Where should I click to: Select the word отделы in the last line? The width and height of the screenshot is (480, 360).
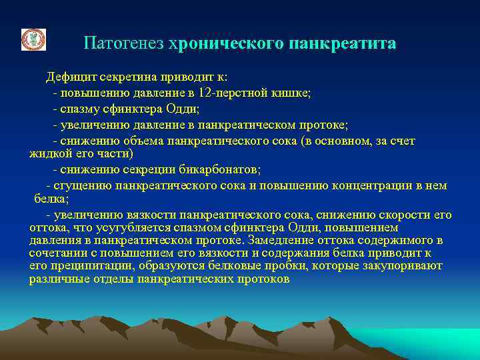(109, 279)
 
